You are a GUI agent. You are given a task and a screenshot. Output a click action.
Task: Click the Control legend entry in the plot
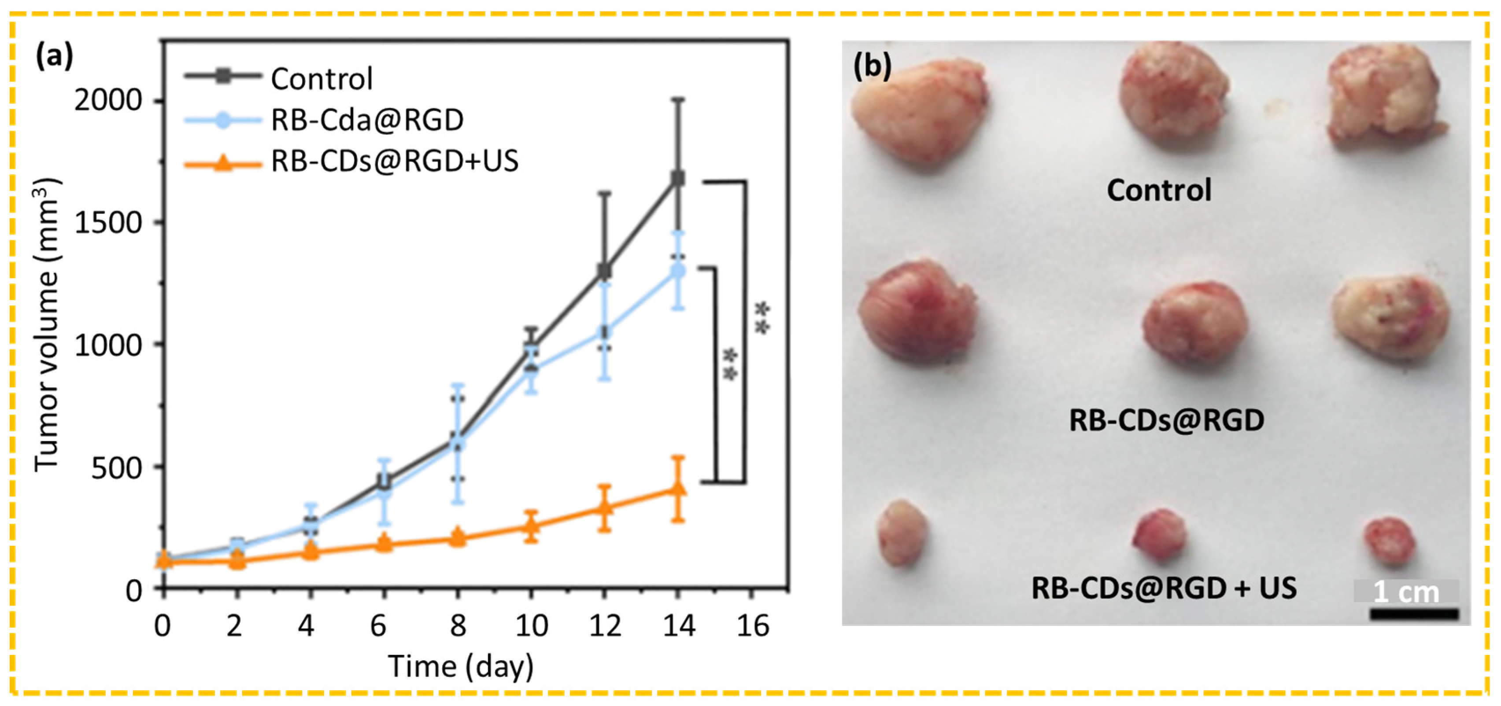point(321,79)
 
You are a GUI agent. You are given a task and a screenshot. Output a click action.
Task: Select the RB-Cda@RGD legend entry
point(367,120)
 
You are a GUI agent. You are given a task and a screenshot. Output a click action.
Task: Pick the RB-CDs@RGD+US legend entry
point(395,161)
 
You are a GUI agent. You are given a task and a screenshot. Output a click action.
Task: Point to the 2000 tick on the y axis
point(108,101)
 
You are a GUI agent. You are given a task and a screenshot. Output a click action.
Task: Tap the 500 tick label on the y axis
point(117,468)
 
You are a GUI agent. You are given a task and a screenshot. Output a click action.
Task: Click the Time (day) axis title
point(461,666)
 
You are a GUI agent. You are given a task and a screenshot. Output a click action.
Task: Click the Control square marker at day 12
point(604,271)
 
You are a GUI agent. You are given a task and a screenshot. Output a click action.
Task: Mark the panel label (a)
point(55,58)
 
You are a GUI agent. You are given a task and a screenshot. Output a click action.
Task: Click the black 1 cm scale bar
point(1414,614)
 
